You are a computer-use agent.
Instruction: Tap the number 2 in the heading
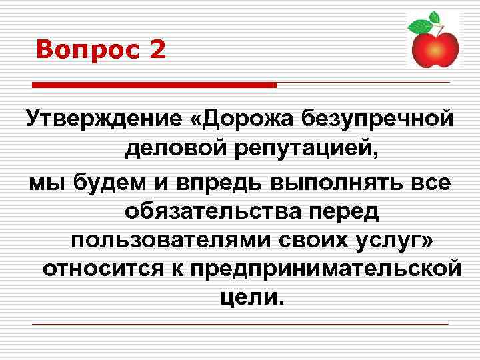[x=157, y=50]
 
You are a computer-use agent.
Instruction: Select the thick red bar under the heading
[x=154, y=85]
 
